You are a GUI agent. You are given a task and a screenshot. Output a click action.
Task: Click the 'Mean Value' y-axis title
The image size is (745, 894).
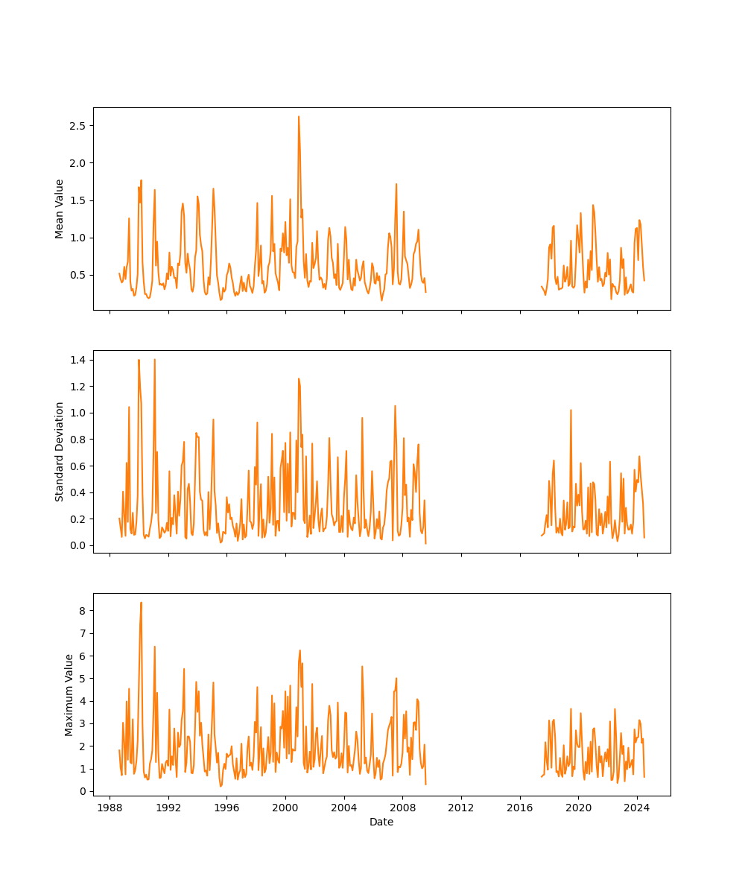60,209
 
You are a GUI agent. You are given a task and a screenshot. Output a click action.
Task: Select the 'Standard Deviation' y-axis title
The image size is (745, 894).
60,451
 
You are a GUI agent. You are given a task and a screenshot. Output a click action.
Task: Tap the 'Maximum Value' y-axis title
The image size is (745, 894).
69,694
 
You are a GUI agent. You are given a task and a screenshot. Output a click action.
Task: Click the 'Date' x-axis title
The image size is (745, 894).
381,822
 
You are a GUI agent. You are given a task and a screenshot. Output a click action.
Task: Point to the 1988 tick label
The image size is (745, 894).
110,808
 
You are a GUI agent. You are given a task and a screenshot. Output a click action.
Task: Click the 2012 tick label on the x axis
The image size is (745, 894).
461,808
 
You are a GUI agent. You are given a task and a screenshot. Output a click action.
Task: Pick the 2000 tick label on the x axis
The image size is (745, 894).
285,808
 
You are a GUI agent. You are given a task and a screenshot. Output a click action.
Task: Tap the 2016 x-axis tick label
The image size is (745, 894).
520,808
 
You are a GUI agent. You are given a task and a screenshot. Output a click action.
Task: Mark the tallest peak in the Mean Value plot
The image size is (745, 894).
299,116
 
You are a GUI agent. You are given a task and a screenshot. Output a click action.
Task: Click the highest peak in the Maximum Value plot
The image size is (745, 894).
141,603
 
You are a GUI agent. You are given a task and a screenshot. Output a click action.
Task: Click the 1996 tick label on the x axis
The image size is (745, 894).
227,808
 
